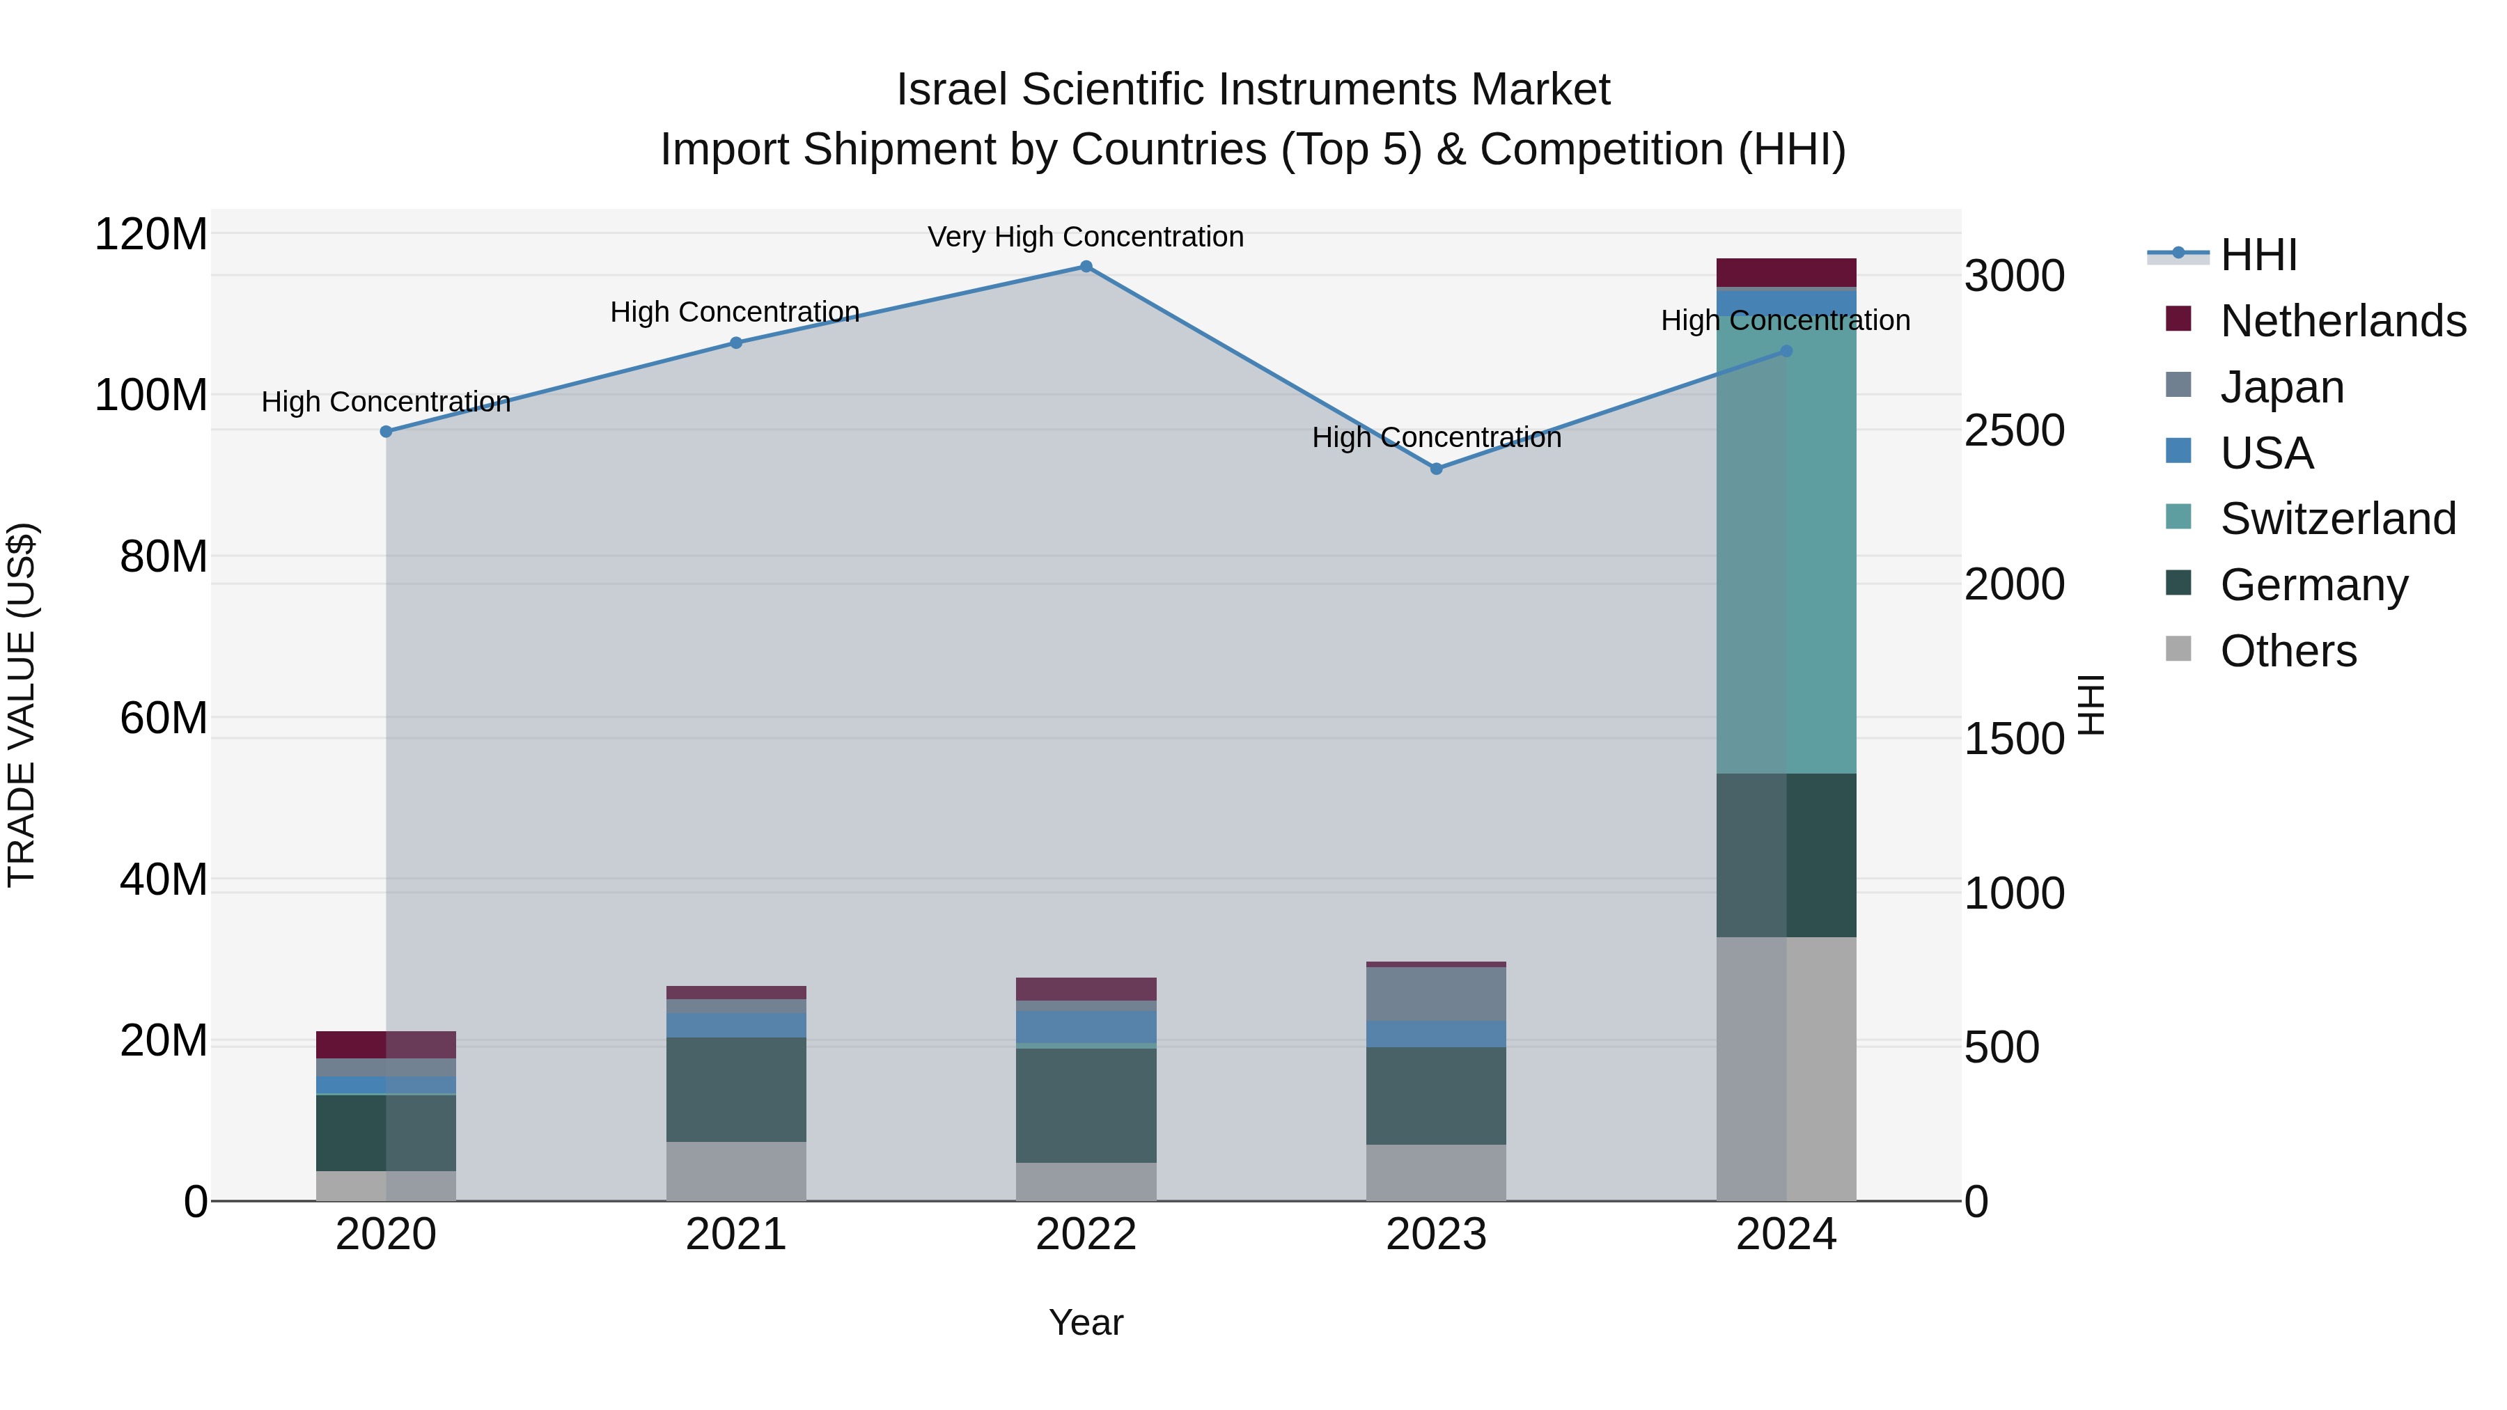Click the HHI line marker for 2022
pos(1086,267)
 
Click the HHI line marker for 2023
pos(1437,469)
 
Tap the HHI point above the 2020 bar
pos(386,432)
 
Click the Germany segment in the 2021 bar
pos(736,1090)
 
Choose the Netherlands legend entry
pos(2343,321)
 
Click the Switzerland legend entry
pos(2338,519)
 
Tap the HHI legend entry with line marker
pos(2258,255)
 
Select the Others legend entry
pos(2288,651)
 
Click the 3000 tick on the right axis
pos(2013,276)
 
